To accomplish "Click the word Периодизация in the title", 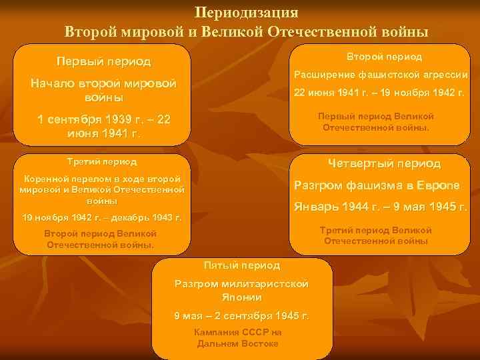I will point(247,13).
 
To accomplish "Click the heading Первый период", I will point(103,62).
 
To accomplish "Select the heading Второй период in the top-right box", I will point(384,57).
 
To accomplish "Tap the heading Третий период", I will point(102,162).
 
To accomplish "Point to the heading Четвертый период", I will point(384,163).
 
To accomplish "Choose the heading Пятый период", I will point(242,265).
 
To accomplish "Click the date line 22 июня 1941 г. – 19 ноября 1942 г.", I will point(379,93).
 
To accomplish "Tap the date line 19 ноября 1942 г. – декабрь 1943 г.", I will point(101,217).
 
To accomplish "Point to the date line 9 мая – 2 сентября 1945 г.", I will point(242,315).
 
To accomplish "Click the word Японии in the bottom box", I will point(242,297).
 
